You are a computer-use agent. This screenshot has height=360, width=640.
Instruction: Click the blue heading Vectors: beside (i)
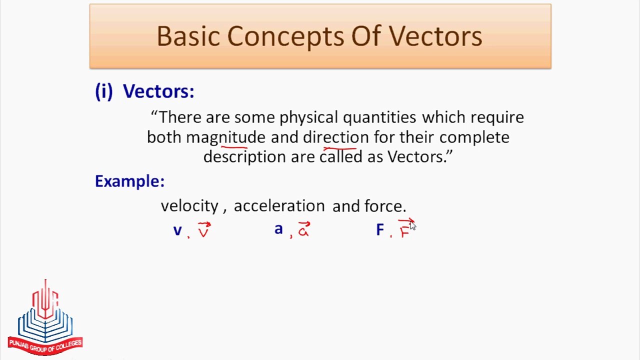click(x=158, y=91)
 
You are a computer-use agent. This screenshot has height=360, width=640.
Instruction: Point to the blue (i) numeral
click(x=104, y=91)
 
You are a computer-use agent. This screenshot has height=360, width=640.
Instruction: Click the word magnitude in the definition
click(x=225, y=137)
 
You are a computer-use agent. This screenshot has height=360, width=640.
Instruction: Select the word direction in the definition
click(x=335, y=137)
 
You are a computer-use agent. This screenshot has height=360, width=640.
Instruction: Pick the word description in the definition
click(x=244, y=157)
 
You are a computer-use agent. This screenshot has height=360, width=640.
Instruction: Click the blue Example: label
click(x=129, y=181)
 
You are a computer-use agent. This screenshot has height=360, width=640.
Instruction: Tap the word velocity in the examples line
click(x=189, y=206)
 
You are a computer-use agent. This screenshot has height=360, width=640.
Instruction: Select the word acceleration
click(x=279, y=206)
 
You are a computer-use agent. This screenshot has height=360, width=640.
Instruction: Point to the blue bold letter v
click(x=177, y=230)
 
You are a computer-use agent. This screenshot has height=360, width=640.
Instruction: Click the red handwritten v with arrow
click(x=204, y=230)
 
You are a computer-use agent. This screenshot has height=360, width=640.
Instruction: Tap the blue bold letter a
click(x=278, y=229)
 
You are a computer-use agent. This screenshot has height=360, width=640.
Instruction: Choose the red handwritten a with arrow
click(x=304, y=229)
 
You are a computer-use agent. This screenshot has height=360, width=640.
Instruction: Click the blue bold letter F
click(x=380, y=230)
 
